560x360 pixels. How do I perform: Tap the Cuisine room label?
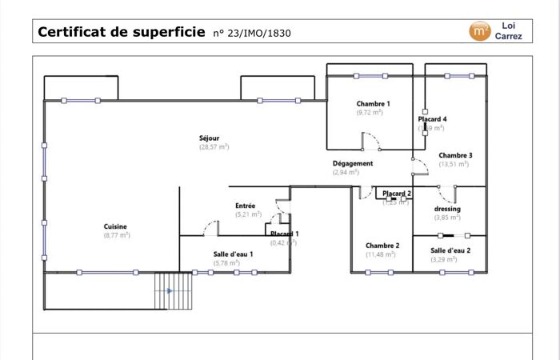[116, 226]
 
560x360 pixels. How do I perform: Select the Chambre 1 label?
[373, 104]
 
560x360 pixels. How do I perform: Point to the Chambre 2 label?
[382, 246]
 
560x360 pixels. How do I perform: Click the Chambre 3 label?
[454, 155]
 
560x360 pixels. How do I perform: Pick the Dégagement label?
[353, 163]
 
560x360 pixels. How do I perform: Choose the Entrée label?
[245, 206]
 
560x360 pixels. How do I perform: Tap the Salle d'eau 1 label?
[233, 254]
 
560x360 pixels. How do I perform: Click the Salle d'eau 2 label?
[450, 250]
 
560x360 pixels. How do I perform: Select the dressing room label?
[447, 209]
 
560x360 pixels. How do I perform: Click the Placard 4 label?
[433, 119]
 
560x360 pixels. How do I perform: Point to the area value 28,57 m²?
[214, 147]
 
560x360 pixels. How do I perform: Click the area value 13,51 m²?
[454, 164]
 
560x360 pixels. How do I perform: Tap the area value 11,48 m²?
[382, 254]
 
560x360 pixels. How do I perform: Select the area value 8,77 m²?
[116, 235]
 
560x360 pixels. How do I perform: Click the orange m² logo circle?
[480, 31]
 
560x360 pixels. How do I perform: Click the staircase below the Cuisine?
[174, 292]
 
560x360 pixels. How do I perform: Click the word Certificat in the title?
[71, 32]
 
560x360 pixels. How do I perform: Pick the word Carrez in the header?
[509, 37]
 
